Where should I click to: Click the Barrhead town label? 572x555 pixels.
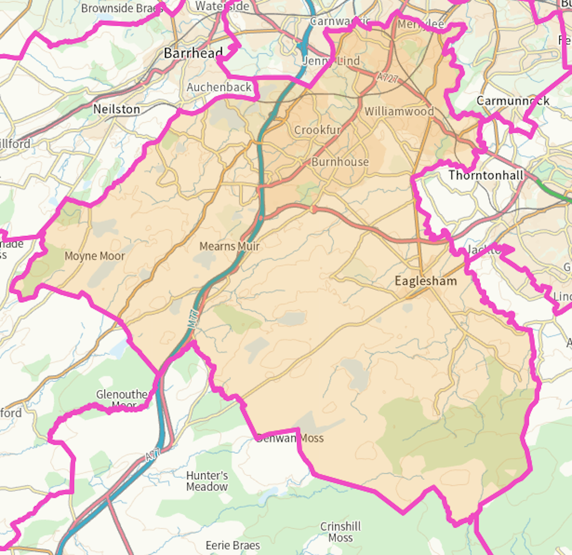193,53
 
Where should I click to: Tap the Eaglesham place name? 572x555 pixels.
426,281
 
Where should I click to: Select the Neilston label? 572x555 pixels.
116,109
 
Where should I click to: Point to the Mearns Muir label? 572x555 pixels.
230,246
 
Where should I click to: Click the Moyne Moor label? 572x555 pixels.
95,256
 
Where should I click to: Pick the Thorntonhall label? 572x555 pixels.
486,175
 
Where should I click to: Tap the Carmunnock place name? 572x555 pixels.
513,101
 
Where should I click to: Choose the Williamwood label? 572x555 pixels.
399,111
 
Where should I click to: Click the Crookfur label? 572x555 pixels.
317,130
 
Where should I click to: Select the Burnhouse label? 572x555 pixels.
340,162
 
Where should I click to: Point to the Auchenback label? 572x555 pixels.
219,87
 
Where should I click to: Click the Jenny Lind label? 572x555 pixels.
331,61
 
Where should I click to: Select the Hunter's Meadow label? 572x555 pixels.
207,481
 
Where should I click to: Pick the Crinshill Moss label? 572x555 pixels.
340,532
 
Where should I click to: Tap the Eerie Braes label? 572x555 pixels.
232,545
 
